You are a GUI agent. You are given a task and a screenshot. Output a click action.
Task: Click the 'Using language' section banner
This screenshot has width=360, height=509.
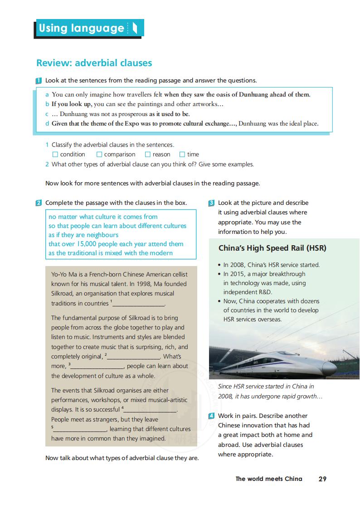89,28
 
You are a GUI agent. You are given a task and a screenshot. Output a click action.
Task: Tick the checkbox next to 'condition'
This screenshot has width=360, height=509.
55,155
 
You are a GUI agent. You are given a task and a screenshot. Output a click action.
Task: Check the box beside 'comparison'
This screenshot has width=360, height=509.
99,155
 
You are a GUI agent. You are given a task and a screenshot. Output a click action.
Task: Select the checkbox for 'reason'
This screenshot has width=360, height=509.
148,155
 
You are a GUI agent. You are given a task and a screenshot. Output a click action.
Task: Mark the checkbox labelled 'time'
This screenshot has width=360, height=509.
182,155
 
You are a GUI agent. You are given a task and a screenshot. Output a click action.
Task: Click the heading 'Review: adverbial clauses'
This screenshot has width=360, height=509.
94,63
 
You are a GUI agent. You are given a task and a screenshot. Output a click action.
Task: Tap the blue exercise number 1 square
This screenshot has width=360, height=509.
39,81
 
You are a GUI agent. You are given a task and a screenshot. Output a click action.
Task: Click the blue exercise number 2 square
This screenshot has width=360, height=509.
39,203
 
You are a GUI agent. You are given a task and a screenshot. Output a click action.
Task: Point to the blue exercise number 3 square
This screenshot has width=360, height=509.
211,203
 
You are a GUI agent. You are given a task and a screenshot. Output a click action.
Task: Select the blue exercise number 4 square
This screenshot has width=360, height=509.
211,416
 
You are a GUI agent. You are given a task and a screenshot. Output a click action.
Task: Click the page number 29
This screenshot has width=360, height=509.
322,479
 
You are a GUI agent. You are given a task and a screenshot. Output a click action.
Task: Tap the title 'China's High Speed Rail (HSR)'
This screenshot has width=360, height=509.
272,248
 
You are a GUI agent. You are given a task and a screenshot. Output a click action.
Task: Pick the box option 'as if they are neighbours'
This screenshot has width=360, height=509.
83,235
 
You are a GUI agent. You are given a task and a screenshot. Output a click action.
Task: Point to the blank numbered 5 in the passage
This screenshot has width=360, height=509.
80,430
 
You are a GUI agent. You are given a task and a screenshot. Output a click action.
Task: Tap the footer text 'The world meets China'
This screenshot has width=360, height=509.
268,479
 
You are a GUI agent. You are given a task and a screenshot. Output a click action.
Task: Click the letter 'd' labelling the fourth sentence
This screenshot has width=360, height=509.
47,123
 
